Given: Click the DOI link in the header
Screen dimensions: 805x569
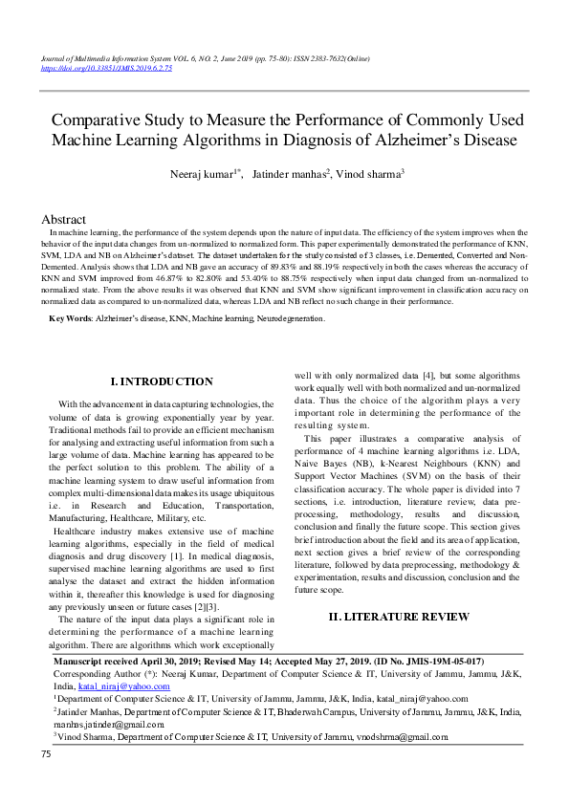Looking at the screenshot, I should pos(107,69).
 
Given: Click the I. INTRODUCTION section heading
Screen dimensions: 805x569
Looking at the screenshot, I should pos(163,381).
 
